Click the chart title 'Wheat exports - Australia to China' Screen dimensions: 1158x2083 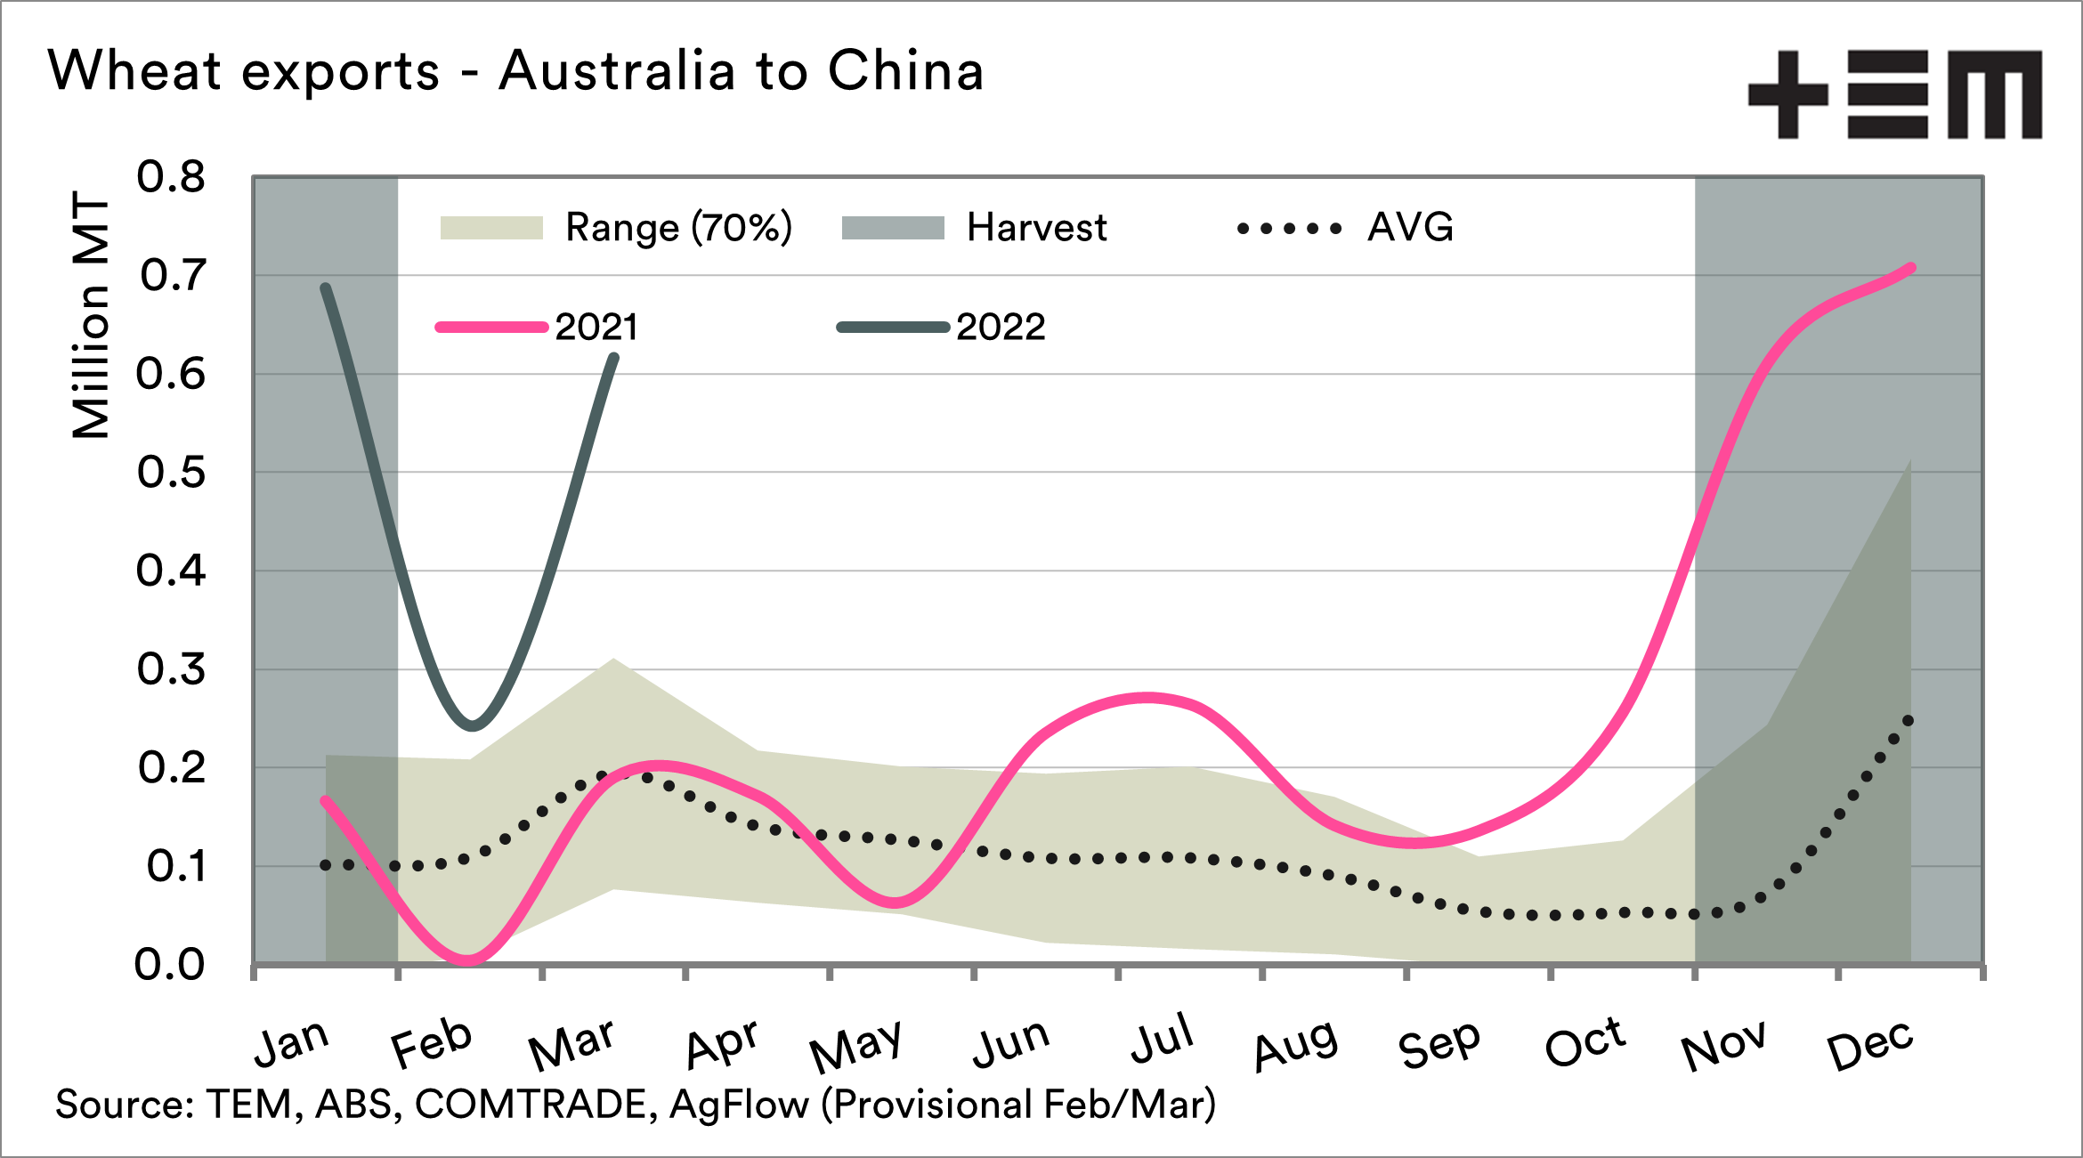coord(516,71)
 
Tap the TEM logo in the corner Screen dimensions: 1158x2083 coord(1894,94)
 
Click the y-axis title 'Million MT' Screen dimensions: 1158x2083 coord(91,315)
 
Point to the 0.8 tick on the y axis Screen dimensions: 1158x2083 coord(171,177)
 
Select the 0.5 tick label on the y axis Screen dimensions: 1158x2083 coord(171,473)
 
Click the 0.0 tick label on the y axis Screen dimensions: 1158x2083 coord(169,965)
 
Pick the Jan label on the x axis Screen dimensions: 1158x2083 coord(292,1042)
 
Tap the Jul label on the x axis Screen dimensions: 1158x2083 coord(1162,1039)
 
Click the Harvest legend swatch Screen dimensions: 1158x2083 coord(893,228)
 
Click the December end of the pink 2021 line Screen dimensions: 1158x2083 coord(1910,268)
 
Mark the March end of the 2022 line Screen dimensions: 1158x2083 coord(613,359)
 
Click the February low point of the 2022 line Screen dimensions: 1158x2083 coord(473,725)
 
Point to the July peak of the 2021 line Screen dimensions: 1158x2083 coord(1148,698)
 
